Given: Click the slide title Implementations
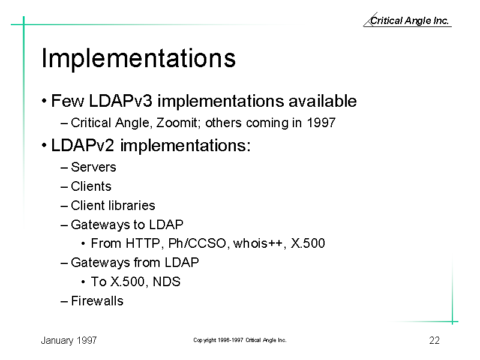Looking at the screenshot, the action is [139, 58].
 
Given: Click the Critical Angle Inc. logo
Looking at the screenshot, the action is [407, 20].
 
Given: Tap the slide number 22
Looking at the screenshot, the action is [434, 340].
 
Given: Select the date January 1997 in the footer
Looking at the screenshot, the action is [69, 340].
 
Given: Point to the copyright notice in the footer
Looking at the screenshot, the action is [239, 340].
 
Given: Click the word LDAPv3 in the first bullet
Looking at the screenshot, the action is [121, 101].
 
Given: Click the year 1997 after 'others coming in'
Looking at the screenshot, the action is [321, 123].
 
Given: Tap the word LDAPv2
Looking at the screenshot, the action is [82, 145].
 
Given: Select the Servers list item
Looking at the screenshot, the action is [94, 167].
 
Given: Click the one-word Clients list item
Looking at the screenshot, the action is [91, 187].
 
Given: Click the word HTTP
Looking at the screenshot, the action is [143, 244].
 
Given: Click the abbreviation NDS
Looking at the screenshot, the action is [167, 281].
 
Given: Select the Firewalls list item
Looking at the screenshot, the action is [97, 301].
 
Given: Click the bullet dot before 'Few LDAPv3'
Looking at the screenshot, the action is [44, 101].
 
